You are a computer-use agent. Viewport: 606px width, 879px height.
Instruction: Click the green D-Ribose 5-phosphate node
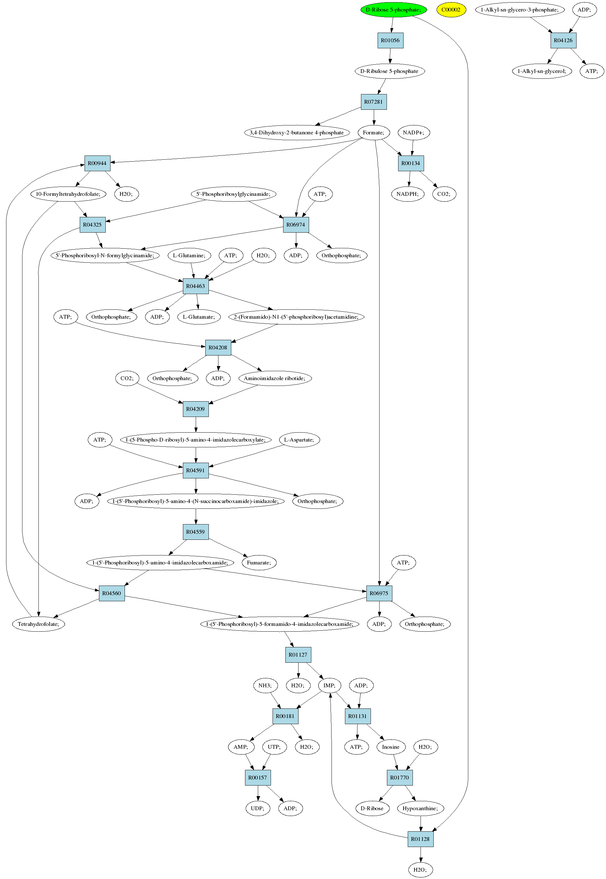(393, 10)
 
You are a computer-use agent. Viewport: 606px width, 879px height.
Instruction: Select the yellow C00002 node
(451, 10)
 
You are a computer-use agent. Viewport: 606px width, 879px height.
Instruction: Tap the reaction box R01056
(390, 41)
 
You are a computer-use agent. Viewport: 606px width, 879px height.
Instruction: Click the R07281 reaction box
(373, 102)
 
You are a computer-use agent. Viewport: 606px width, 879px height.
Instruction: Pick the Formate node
(373, 133)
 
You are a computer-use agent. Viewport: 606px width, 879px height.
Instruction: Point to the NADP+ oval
(414, 133)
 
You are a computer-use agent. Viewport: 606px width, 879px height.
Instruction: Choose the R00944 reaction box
(97, 164)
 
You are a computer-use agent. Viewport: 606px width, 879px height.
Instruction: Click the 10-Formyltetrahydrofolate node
(68, 194)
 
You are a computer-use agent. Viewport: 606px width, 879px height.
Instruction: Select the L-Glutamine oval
(189, 256)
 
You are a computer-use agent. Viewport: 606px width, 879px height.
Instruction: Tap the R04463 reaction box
(196, 286)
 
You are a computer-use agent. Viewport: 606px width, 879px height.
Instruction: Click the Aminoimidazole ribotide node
(275, 379)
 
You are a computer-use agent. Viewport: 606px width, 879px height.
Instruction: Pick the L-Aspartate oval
(299, 440)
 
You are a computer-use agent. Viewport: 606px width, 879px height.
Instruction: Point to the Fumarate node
(259, 563)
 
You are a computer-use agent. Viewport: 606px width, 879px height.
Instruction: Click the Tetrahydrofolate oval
(39, 624)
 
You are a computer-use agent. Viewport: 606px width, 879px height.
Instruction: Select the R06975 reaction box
(379, 594)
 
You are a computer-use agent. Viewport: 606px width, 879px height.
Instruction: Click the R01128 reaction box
(420, 840)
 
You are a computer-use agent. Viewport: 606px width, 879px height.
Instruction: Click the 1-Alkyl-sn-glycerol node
(542, 71)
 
